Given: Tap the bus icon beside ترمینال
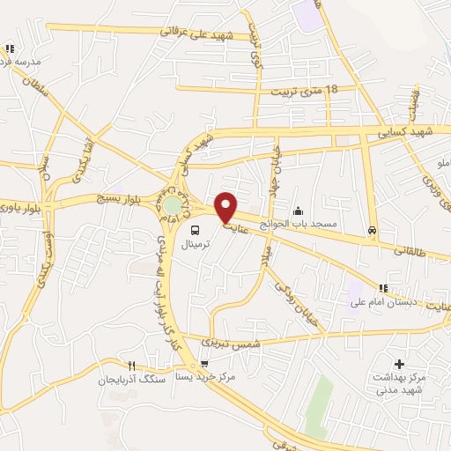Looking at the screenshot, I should coord(195,231).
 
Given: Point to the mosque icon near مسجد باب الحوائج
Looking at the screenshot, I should coord(299,211).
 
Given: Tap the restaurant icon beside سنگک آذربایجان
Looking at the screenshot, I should coord(130,366).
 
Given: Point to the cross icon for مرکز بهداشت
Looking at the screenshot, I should coord(399,363).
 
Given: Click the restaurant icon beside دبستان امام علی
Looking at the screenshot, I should coord(382,288).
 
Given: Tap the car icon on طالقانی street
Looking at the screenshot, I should coord(373,231).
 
